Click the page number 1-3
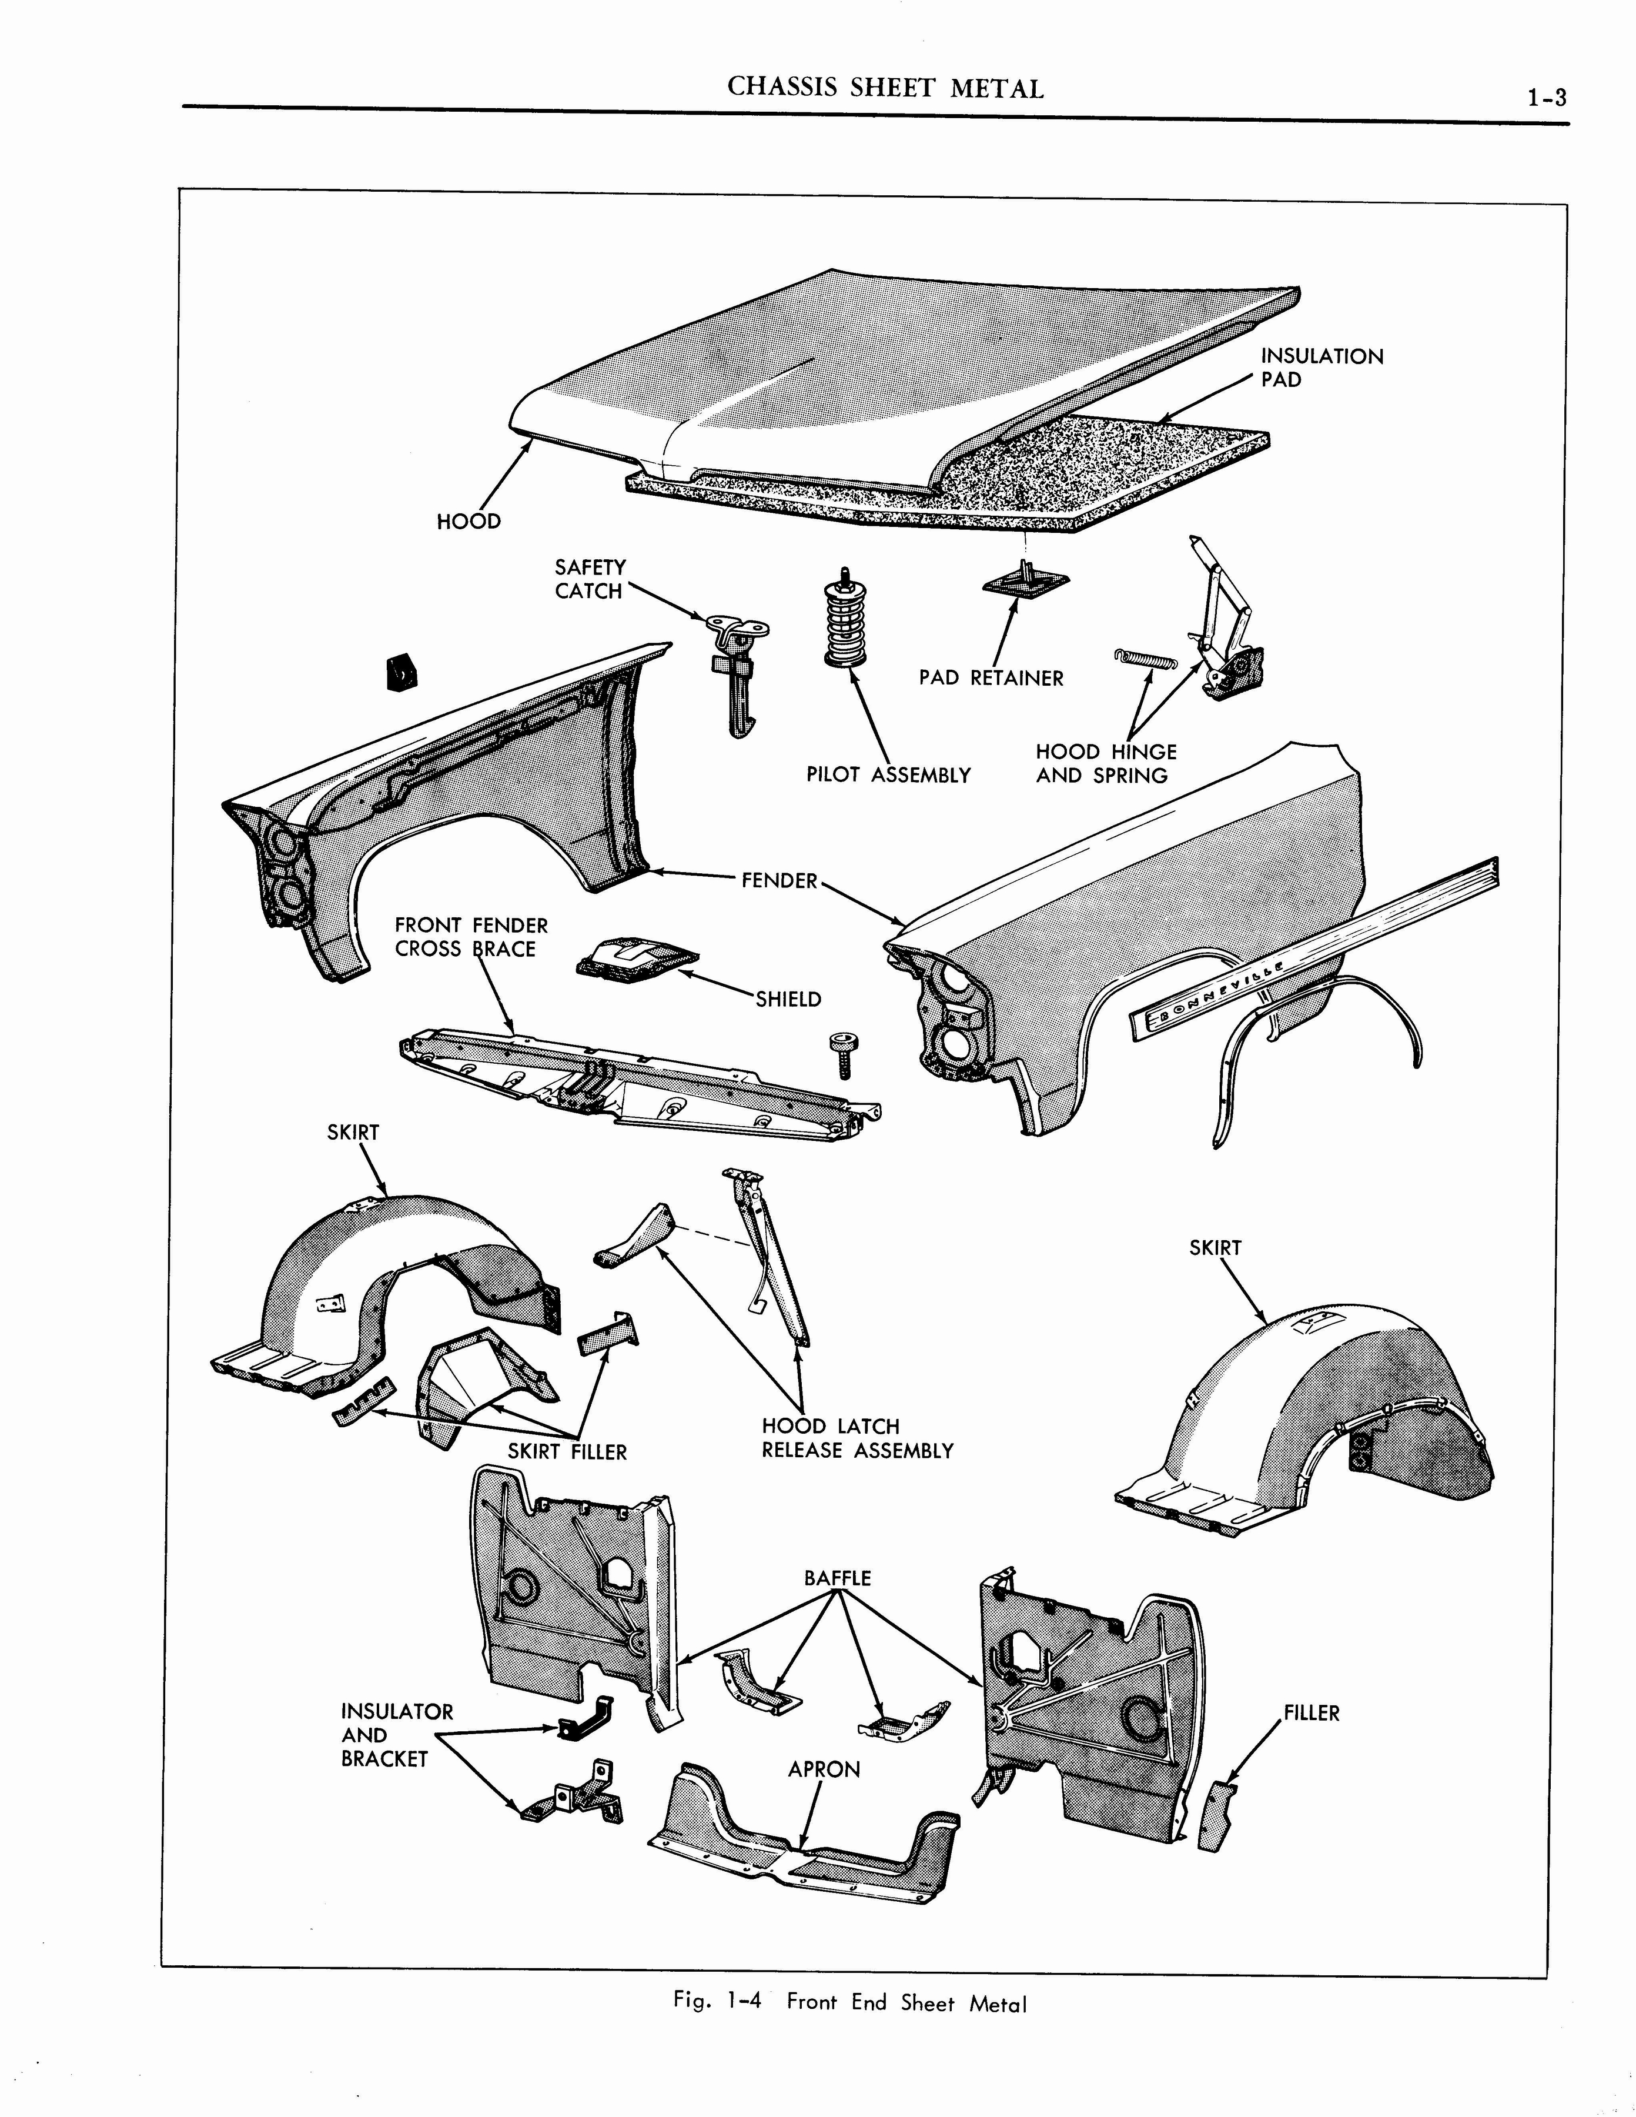[1547, 98]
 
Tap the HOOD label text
[469, 522]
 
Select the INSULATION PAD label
[1321, 368]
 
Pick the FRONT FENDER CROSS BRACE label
[471, 937]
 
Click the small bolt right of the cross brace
[839, 1054]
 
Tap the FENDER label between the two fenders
[779, 880]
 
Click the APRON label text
[824, 1769]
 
